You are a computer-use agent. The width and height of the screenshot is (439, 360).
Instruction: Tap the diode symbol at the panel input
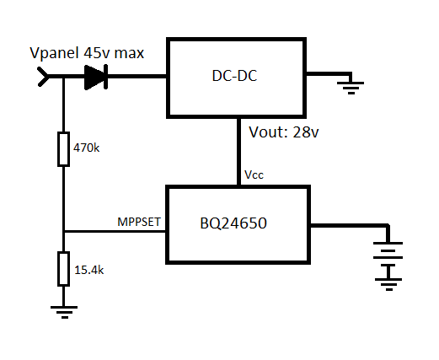[95, 78]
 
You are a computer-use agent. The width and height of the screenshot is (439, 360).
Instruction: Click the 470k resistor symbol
[63, 148]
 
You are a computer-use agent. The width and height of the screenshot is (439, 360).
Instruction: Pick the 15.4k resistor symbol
[63, 267]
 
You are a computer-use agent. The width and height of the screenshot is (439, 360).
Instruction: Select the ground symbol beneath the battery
[388, 284]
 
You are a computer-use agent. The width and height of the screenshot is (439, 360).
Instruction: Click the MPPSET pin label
[139, 223]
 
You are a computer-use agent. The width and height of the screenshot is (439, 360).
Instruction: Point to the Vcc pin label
[254, 175]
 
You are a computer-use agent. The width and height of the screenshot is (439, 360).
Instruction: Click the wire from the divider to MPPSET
[114, 232]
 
